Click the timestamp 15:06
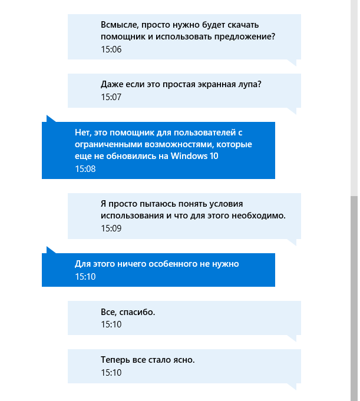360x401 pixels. point(111,49)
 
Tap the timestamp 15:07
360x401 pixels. point(111,97)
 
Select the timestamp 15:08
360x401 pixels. point(85,169)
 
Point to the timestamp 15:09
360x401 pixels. point(111,228)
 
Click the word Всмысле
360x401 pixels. point(120,25)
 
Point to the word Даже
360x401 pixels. point(111,85)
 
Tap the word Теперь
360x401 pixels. point(115,360)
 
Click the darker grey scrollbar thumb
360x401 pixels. point(354,294)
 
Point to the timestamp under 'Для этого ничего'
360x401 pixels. point(85,276)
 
